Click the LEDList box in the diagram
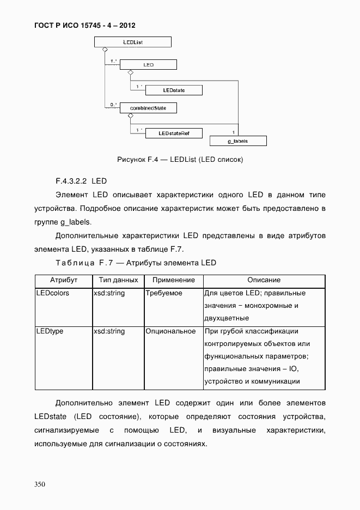tap(133, 42)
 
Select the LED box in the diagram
tap(148, 65)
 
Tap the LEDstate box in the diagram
tap(174, 90)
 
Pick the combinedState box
tap(148, 108)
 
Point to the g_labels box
tap(238, 141)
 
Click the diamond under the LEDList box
tap(103, 50)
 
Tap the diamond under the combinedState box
tap(131, 116)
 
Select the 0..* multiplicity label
tap(113, 105)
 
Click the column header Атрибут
tap(64, 280)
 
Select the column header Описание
tap(264, 280)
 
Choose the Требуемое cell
tap(164, 293)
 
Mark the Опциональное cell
tap(170, 331)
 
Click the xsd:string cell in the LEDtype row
tap(109, 331)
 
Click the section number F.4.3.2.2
tap(71, 179)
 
